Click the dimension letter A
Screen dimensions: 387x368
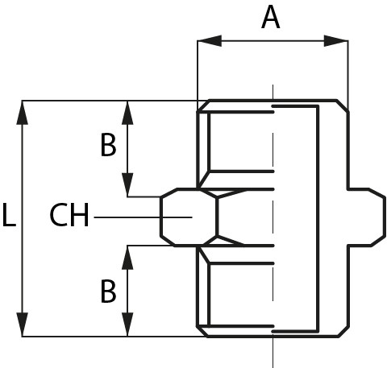(271, 18)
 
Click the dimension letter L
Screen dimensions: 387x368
(9, 215)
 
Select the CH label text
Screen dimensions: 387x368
(69, 215)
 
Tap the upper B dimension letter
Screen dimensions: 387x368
(108, 145)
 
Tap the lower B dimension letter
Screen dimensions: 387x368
(108, 292)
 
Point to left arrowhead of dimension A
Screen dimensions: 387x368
(210, 41)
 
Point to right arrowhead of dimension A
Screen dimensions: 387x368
(336, 41)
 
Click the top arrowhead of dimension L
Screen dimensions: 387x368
(22, 113)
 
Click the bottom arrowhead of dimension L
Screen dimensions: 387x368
(22, 325)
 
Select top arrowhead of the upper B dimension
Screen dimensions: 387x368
(127, 113)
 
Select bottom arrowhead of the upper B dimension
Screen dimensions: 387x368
(127, 185)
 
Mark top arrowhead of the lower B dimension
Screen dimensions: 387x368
(127, 258)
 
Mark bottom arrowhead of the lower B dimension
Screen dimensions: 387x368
(127, 325)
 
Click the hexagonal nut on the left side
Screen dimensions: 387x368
(189, 217)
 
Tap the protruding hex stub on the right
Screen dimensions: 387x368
(367, 217)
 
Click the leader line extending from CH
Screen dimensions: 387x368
(143, 217)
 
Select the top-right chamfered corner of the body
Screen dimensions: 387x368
(343, 106)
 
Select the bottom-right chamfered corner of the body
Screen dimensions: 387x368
(343, 332)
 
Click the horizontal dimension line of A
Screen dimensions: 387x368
(273, 41)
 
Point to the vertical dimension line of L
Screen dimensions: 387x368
(22, 218)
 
